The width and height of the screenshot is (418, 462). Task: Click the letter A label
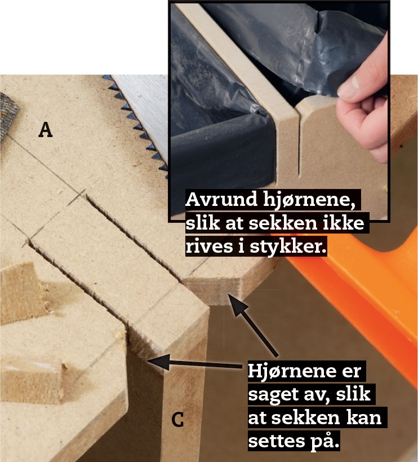point(45,130)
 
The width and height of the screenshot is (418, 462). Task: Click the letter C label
point(177,420)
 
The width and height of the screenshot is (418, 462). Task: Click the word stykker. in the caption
point(288,247)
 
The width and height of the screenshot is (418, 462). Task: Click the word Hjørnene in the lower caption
point(291,371)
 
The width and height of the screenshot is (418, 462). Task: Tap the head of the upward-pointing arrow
point(238,304)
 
